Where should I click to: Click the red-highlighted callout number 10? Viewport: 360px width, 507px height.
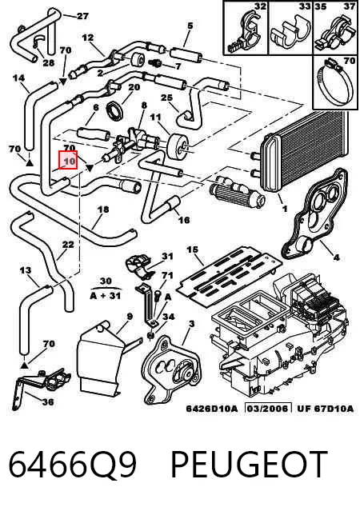click(68, 160)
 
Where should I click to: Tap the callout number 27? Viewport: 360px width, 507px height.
click(82, 16)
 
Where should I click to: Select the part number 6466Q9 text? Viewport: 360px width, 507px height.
click(73, 465)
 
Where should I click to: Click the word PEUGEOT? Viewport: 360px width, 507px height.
click(249, 465)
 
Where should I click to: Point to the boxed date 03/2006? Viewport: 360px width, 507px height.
click(267, 409)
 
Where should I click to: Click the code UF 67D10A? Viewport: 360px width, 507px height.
click(325, 409)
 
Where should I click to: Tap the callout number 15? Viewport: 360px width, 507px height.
click(192, 250)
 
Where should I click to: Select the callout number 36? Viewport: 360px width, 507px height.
click(48, 402)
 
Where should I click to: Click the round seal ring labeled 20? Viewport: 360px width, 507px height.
click(114, 110)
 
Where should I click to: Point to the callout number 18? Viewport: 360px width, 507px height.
click(103, 210)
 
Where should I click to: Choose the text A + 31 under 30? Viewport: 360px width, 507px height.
click(105, 295)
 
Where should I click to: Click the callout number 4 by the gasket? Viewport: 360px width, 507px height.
click(336, 257)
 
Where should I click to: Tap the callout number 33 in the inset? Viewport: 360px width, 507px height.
click(305, 6)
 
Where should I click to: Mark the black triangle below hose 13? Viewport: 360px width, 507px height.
click(24, 365)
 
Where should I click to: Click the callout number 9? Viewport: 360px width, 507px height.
click(130, 317)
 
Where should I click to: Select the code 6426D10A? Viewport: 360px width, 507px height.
click(212, 409)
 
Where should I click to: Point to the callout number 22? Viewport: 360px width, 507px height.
click(68, 245)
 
